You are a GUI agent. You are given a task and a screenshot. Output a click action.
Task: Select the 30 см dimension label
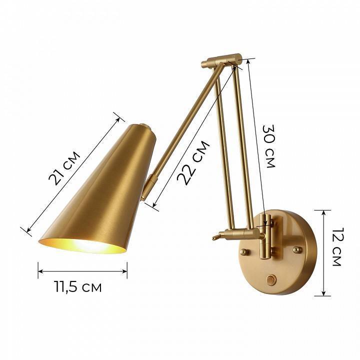click(268, 145)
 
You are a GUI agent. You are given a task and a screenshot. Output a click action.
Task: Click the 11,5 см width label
click(77, 287)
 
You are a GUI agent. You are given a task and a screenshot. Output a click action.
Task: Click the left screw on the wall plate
click(244, 251)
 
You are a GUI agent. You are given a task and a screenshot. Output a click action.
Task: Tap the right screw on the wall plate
click(297, 248)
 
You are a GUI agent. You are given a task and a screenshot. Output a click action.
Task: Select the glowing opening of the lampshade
click(82, 245)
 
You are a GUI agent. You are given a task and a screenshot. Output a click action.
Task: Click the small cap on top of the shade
click(143, 126)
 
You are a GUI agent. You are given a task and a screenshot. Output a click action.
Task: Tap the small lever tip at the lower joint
click(215, 237)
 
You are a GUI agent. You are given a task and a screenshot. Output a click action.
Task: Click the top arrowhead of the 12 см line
click(323, 211)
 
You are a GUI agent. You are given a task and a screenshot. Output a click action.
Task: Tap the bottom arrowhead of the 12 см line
click(323, 294)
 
